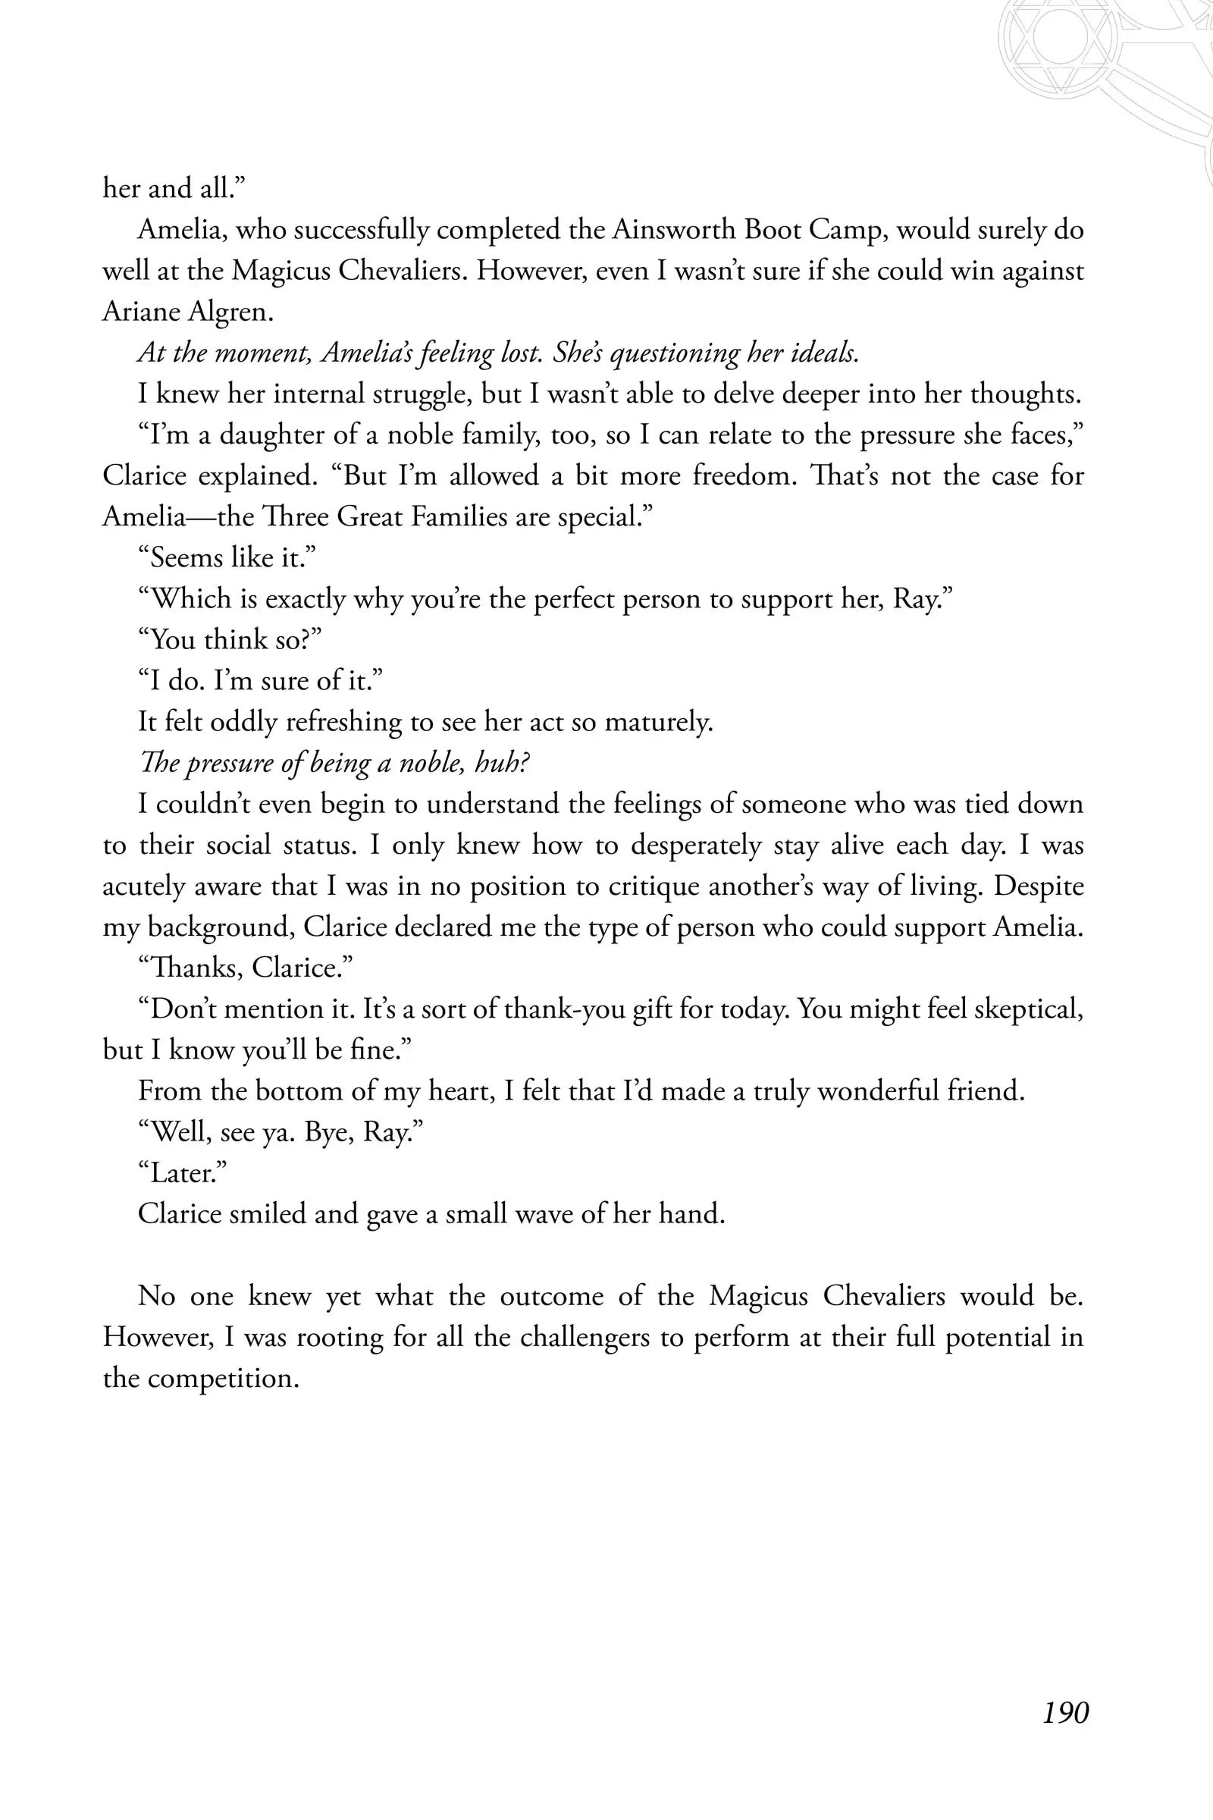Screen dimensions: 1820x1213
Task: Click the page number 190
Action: tap(1065, 1712)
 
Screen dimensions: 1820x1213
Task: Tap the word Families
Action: tap(458, 516)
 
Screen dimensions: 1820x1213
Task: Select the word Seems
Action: tap(186, 557)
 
